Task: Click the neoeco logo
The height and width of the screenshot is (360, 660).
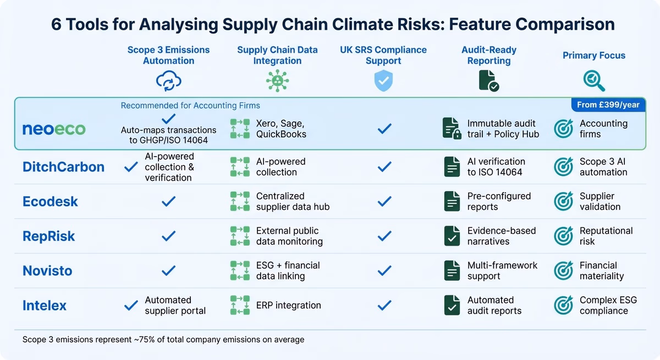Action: pos(54,129)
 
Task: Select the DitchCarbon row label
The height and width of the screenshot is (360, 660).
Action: pos(63,167)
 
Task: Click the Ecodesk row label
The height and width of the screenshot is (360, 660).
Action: pos(50,202)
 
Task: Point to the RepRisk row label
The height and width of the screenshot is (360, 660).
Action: pos(48,236)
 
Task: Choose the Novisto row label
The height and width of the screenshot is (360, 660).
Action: pos(47,271)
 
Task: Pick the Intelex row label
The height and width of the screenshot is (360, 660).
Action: pos(45,306)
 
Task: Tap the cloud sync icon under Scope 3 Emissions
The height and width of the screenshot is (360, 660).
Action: pos(168,81)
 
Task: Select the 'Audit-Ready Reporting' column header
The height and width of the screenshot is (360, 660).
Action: pos(488,56)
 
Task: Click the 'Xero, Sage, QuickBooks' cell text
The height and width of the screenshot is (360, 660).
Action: pos(281,129)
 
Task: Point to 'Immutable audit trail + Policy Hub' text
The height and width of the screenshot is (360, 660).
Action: pos(503,129)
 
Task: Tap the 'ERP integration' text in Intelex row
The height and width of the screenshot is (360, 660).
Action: pos(288,306)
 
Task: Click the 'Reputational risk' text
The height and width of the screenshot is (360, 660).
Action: pos(606,236)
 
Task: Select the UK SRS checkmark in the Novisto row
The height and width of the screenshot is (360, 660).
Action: pos(384,270)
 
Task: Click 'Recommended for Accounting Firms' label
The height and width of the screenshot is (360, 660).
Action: pos(190,106)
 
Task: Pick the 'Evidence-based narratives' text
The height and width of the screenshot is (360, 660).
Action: pos(501,236)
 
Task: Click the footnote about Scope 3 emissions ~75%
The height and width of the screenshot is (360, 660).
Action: pos(163,340)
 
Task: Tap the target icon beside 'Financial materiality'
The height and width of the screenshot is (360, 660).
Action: pos(563,270)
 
